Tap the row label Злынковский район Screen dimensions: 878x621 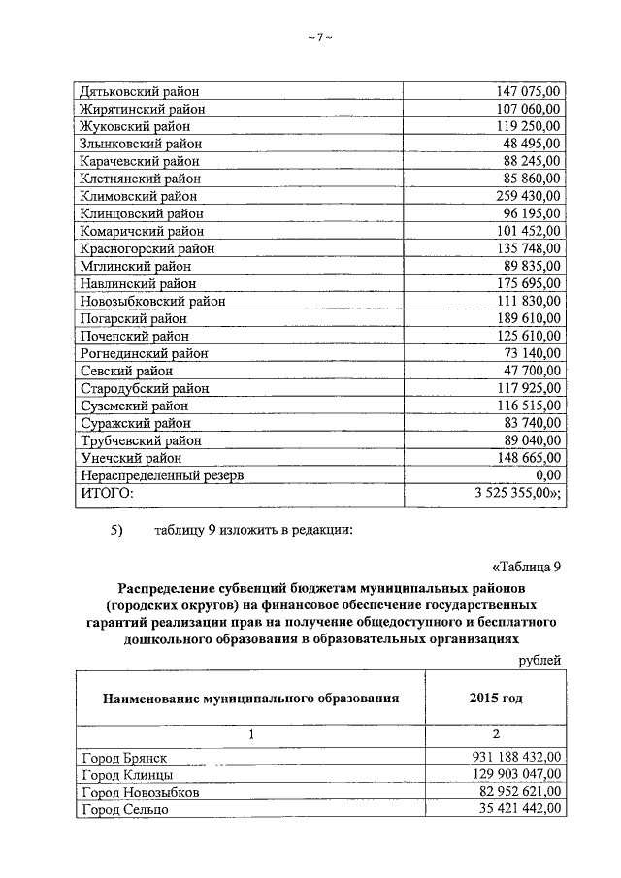[138, 144]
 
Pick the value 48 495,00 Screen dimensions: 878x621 [525, 144]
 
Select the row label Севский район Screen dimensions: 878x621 [127, 371]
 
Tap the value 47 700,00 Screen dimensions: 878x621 [525, 371]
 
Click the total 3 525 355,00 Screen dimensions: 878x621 [514, 493]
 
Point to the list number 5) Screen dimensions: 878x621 [118, 531]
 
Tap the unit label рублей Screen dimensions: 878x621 [539, 660]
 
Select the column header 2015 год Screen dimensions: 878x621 [495, 698]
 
